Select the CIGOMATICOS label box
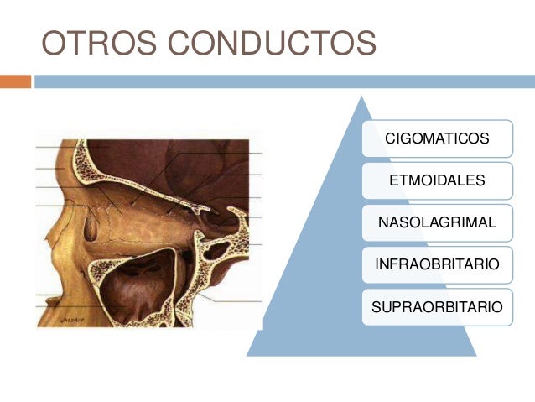coord(436,137)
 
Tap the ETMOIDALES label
coord(436,180)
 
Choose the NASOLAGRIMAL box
coord(436,222)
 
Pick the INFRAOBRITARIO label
coord(436,265)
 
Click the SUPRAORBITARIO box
coord(436,307)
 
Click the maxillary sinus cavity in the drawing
coord(143,285)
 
